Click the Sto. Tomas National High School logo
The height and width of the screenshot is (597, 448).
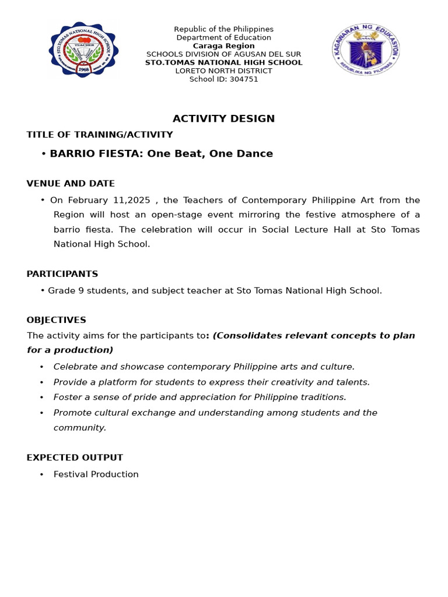(83, 50)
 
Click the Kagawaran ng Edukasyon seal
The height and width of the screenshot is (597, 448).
(366, 50)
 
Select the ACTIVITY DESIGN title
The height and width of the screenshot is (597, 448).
(223, 119)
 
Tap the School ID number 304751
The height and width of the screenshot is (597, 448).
(236, 79)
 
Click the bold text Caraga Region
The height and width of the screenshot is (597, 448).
(223, 46)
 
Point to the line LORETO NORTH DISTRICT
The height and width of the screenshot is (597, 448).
(223, 71)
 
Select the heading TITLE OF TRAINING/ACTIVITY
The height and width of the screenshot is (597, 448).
(100, 135)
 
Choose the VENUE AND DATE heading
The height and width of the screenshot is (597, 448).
(71, 184)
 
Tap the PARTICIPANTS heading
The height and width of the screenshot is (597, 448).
(62, 274)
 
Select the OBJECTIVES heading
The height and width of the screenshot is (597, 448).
(56, 320)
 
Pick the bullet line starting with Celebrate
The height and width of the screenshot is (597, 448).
(204, 367)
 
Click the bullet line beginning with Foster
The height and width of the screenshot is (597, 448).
(199, 397)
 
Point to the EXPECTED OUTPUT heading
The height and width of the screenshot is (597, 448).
(75, 458)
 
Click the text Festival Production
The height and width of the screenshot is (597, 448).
(96, 475)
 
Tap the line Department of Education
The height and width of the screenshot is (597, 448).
(223, 38)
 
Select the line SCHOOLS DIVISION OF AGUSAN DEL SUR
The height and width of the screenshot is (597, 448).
(223, 54)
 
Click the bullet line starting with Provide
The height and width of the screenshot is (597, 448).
(211, 382)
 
